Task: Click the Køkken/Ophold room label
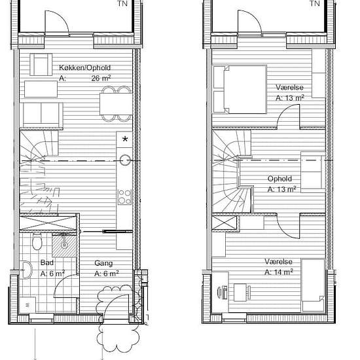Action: [x=84, y=67]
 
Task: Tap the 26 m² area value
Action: [x=101, y=78]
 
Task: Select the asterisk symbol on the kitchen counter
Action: [x=125, y=139]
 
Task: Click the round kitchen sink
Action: [x=125, y=160]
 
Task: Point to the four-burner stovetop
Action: [x=124, y=197]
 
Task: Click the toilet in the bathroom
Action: [x=37, y=241]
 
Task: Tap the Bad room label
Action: [x=47, y=262]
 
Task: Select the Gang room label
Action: [x=103, y=263]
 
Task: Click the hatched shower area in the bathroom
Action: [x=64, y=245]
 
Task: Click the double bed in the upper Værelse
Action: [x=240, y=89]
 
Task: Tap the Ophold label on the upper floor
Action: [x=279, y=179]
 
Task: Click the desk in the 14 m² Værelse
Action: [x=240, y=293]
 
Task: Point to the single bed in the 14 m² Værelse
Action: [x=313, y=285]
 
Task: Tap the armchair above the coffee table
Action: [x=41, y=65]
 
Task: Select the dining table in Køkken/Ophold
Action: [x=116, y=104]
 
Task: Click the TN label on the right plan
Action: [x=315, y=3]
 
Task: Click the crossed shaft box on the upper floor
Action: [x=225, y=223]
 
